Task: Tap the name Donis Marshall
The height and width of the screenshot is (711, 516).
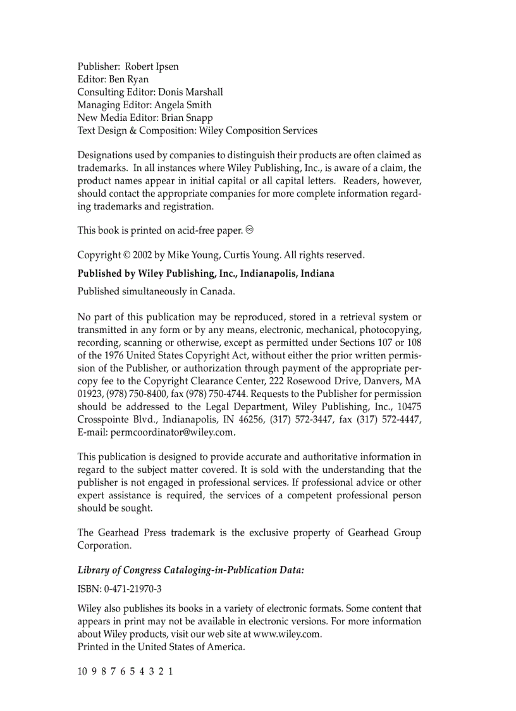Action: pyautogui.click(x=190, y=92)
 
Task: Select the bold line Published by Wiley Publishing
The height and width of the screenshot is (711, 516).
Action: pyautogui.click(x=206, y=274)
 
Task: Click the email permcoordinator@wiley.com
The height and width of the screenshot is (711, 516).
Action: pyautogui.click(x=173, y=432)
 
